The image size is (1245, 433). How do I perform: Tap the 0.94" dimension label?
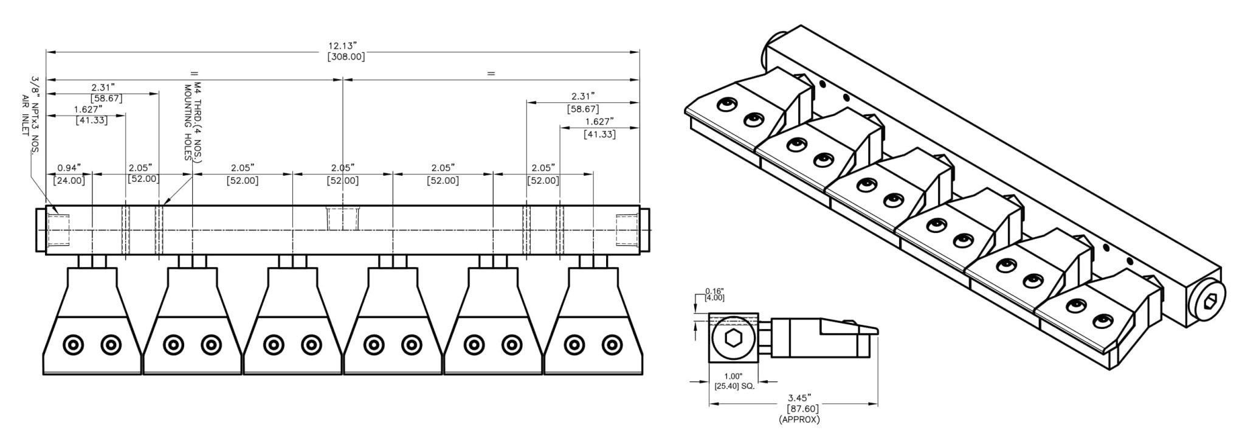[69, 168]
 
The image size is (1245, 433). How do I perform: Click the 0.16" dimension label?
[714, 291]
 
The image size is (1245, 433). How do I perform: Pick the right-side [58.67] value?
[582, 109]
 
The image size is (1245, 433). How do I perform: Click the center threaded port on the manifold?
[342, 217]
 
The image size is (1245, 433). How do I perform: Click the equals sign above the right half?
[491, 74]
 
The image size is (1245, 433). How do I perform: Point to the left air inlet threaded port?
[59, 229]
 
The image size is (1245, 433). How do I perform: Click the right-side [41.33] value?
[599, 134]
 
